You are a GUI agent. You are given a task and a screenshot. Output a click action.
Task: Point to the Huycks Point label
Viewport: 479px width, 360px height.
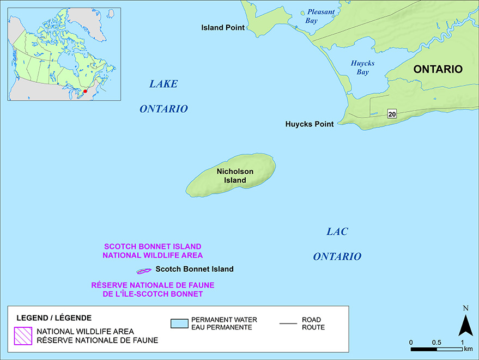click(309, 124)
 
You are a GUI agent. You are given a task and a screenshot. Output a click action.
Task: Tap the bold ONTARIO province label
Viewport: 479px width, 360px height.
click(438, 69)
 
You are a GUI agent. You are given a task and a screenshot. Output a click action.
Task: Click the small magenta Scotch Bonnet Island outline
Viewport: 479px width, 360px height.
click(143, 271)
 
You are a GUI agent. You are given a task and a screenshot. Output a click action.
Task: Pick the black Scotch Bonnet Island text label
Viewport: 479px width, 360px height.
click(194, 269)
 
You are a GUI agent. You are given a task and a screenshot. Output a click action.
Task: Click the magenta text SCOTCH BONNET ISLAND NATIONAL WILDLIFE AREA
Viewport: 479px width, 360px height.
click(153, 251)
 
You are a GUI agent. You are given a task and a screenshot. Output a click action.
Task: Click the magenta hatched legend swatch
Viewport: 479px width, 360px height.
click(23, 335)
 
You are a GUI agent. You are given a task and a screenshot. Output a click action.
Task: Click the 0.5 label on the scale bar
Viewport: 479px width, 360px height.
click(436, 342)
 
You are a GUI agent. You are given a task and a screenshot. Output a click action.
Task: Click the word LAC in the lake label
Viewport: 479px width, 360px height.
click(337, 232)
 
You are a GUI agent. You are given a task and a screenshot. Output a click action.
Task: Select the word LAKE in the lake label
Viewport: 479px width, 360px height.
click(163, 84)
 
